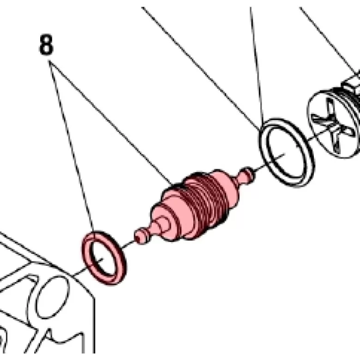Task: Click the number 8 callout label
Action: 46,44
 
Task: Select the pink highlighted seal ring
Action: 104,258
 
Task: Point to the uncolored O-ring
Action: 287,152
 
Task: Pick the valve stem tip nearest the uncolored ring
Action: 247,175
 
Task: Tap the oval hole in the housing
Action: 52,297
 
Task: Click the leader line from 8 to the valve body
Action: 110,123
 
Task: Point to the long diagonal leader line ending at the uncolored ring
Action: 201,68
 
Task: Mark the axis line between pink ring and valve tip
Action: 127,244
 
